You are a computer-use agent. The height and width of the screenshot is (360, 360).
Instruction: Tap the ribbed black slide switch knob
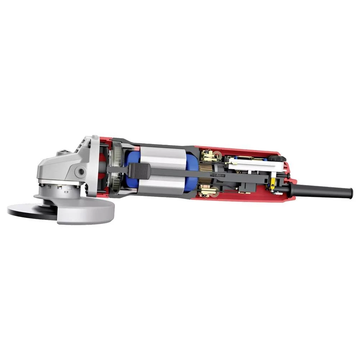[x=138, y=171]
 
